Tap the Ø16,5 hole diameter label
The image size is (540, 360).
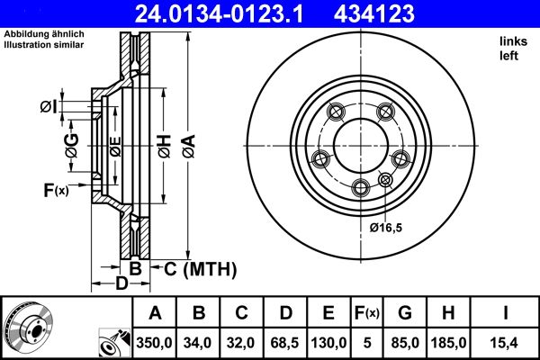pos(386,228)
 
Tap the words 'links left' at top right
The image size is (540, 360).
pos(510,49)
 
